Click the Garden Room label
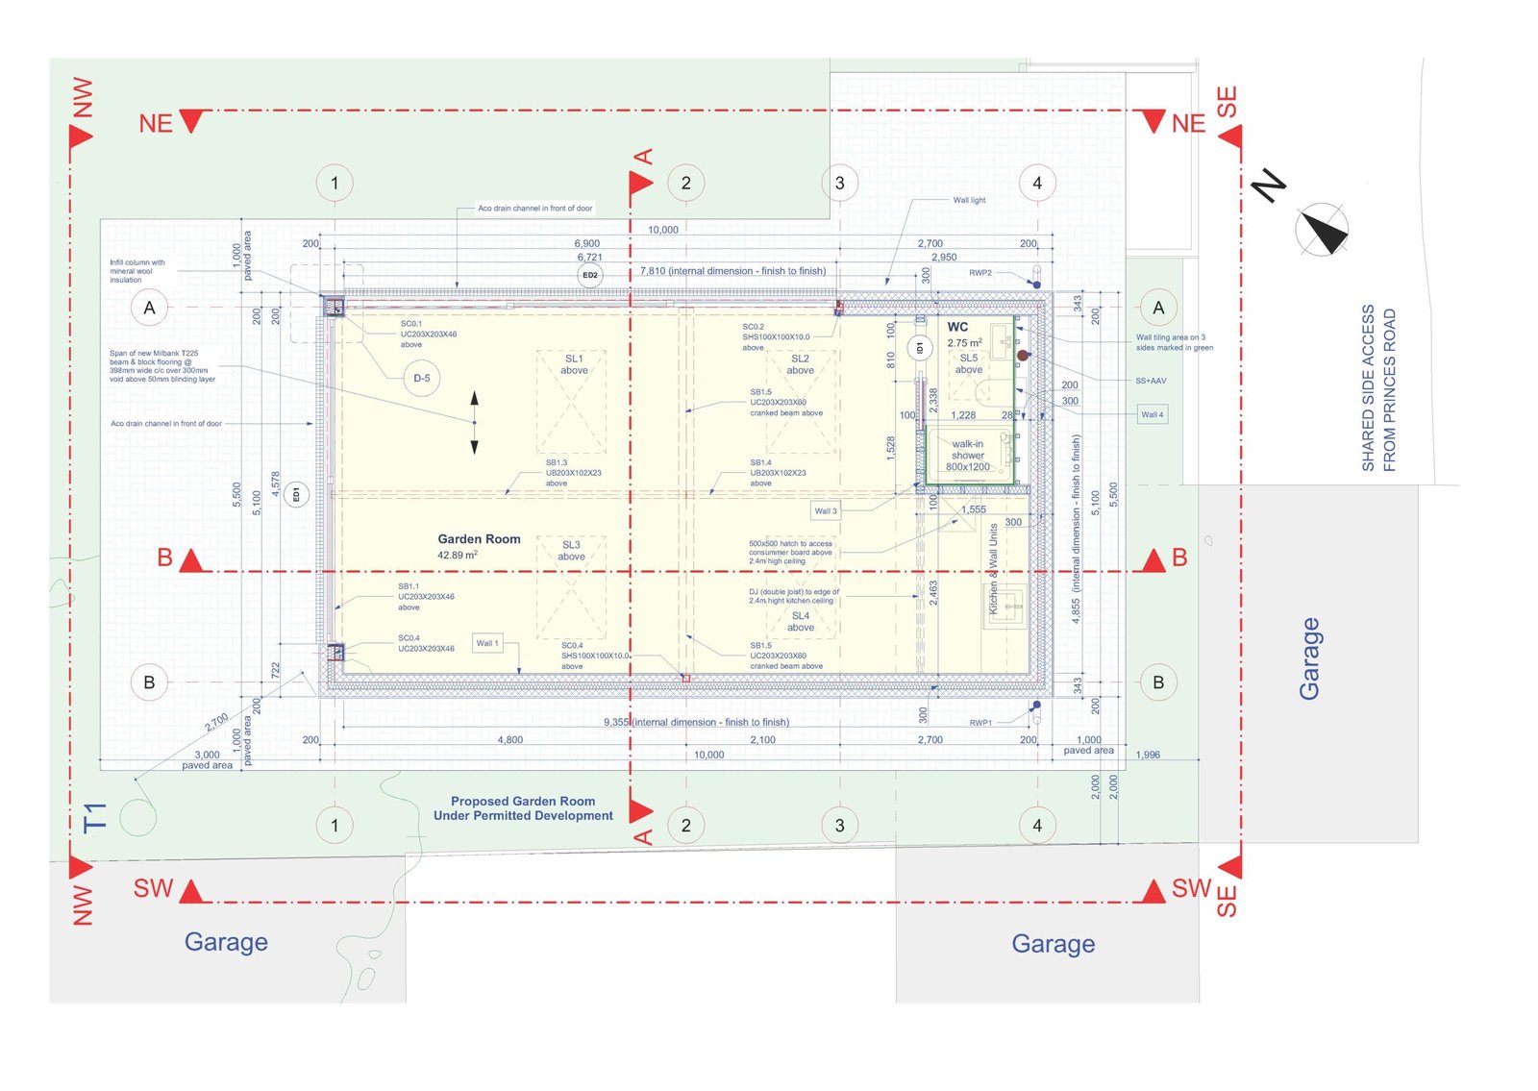click(x=479, y=539)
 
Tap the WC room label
click(x=957, y=327)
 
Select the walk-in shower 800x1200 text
click(x=967, y=456)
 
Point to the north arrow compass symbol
click(x=1322, y=231)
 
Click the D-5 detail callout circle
click(x=421, y=378)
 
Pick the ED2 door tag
click(x=590, y=275)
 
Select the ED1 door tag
click(x=296, y=495)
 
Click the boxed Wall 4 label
click(x=1152, y=414)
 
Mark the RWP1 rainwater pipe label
click(x=980, y=722)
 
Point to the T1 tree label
click(x=94, y=817)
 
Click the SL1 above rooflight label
click(x=574, y=364)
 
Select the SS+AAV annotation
click(x=1151, y=381)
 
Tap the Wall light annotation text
click(x=969, y=200)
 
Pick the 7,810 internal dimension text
click(x=732, y=271)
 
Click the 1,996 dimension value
click(x=1148, y=755)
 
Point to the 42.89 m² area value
click(x=458, y=555)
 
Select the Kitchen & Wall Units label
click(x=993, y=569)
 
